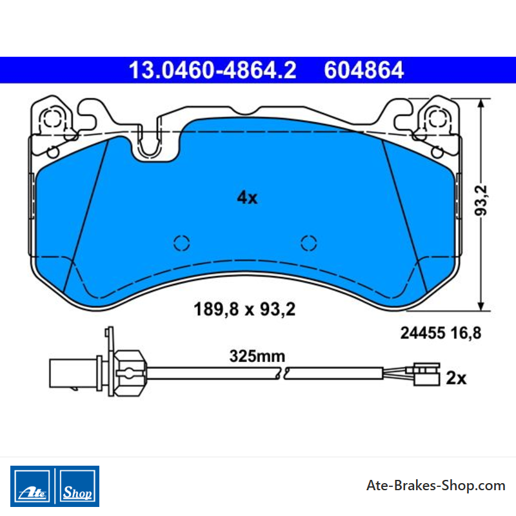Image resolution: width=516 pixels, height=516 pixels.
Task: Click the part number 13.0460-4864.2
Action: pyautogui.click(x=213, y=70)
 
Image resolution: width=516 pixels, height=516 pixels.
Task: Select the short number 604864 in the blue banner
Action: pyautogui.click(x=364, y=70)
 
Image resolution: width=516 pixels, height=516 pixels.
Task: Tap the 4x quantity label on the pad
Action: pyautogui.click(x=247, y=198)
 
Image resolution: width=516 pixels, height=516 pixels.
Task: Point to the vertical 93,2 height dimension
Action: pyautogui.click(x=481, y=201)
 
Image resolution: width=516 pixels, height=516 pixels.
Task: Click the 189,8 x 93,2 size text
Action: pyautogui.click(x=244, y=310)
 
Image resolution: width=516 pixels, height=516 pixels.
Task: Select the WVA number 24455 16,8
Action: pyautogui.click(x=441, y=333)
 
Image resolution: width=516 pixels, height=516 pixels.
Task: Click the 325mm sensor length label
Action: pyautogui.click(x=257, y=356)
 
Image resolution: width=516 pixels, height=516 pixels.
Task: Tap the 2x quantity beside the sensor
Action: pyautogui.click(x=456, y=379)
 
